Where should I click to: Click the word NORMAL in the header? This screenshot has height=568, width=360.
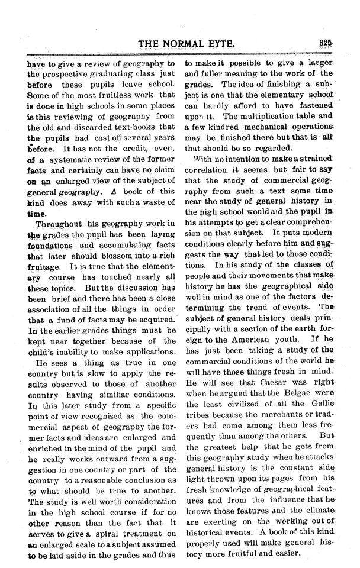[188, 43]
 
